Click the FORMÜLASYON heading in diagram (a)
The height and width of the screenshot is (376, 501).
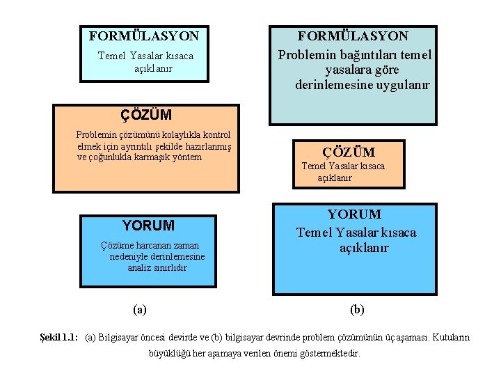coord(143,36)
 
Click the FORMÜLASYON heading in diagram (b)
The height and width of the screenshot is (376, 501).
coord(353,36)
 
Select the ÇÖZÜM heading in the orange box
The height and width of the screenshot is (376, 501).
coord(146,113)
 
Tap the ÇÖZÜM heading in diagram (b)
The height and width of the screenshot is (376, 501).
coord(349,152)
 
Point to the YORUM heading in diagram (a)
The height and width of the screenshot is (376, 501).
coord(148,226)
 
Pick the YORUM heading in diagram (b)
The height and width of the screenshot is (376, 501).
coord(354,214)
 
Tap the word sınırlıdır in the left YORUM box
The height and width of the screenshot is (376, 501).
coord(167,267)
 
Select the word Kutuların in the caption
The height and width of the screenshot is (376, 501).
coord(450,338)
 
